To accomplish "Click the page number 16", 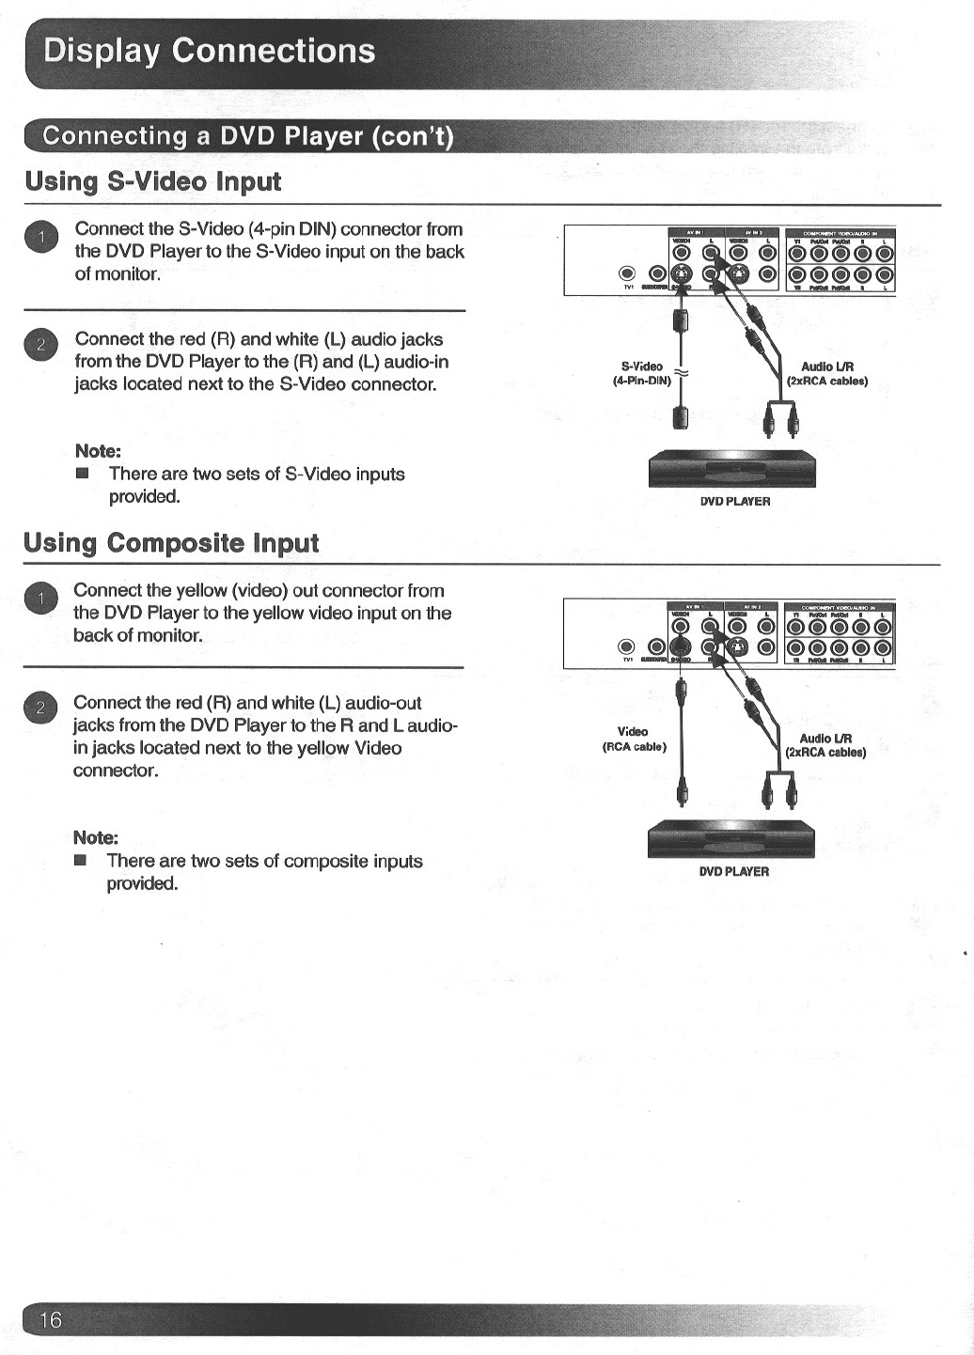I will click(50, 1319).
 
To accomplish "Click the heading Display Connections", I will click(210, 51).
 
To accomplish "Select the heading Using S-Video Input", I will click(153, 181).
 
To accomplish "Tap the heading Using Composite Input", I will click(171, 543).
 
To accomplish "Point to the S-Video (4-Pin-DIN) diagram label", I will click(642, 374).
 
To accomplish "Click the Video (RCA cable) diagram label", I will click(634, 739).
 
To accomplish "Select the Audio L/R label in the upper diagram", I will click(827, 374).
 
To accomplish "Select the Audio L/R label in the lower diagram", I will click(825, 745).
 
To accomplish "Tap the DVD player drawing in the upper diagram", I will click(732, 469).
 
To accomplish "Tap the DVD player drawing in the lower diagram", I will click(730, 839).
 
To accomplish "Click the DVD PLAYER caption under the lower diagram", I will click(734, 872).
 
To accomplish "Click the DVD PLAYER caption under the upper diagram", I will click(735, 502).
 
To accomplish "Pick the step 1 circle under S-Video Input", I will click(41, 236).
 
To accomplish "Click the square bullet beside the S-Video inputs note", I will click(83, 474).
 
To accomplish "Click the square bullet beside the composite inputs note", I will click(81, 861).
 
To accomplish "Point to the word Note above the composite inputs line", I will click(95, 837).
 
